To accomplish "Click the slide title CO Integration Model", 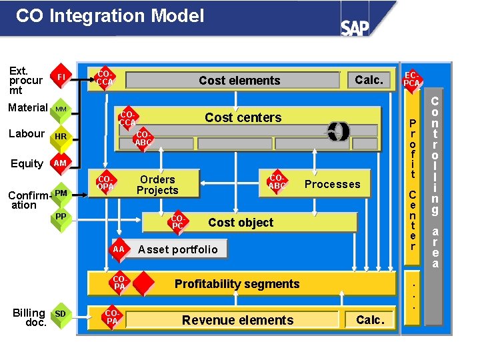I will coord(110,16).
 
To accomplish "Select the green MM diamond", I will coord(61,109).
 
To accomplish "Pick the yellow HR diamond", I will coord(61,136).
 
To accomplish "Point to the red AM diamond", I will coord(61,163).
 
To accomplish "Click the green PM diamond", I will coord(61,194).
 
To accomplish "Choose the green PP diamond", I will coord(61,217).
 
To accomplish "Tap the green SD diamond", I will coord(61,314).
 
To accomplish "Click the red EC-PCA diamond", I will coord(412,81).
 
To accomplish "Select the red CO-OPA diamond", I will coord(106,183).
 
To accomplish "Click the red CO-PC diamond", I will coord(177,223).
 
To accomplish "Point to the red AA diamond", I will coord(119,249).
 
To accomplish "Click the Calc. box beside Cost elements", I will coord(369,80).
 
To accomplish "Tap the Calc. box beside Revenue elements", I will coord(370,320).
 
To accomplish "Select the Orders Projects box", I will coord(157,185).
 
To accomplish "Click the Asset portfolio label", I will coord(177,249).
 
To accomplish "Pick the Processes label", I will coord(332,185).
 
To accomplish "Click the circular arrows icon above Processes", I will coord(339,131).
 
